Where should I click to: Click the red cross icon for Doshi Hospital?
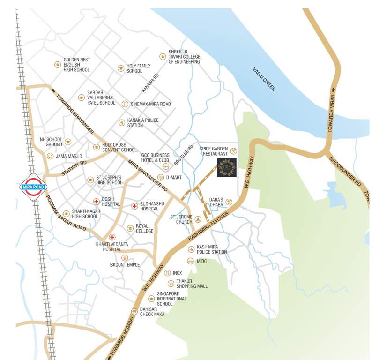96,202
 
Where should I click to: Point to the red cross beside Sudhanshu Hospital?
134,205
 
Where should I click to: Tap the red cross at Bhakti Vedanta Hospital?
112,238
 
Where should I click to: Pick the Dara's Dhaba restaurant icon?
229,201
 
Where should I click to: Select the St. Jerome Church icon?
198,219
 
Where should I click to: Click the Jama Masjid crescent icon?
51,156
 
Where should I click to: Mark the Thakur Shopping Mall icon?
171,283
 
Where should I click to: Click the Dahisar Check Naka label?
152,311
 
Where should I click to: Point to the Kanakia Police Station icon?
122,122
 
